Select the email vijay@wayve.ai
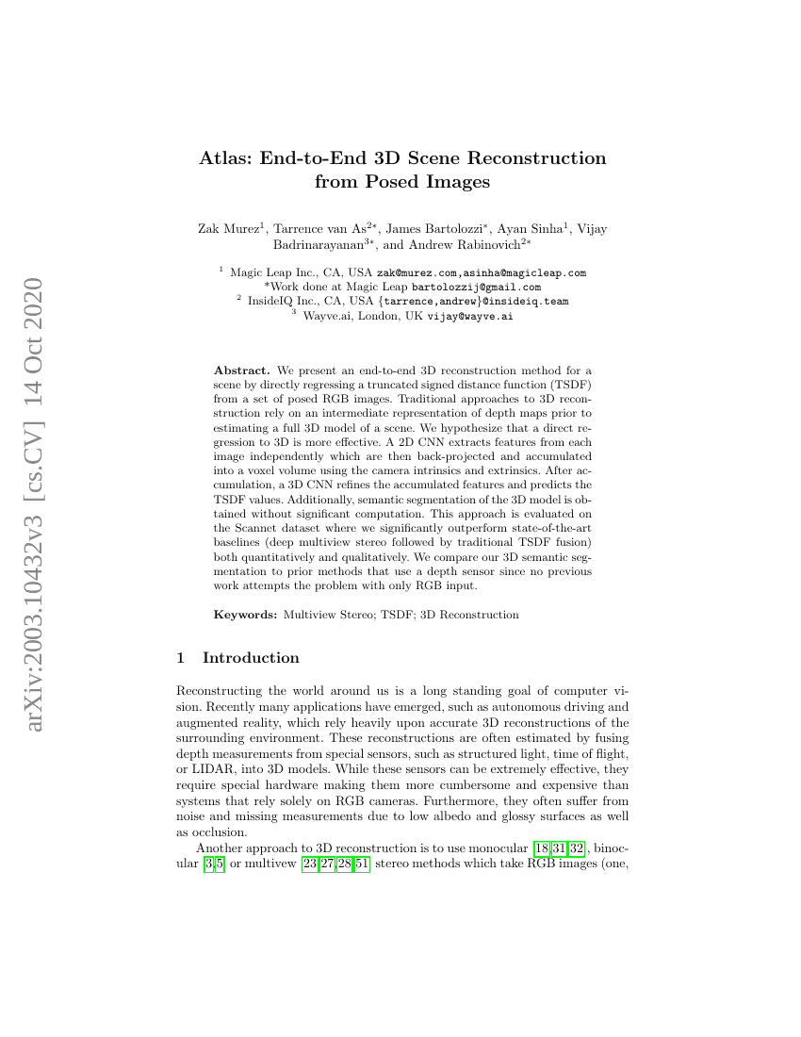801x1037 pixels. [470, 316]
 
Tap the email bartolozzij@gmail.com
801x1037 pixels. [481, 287]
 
